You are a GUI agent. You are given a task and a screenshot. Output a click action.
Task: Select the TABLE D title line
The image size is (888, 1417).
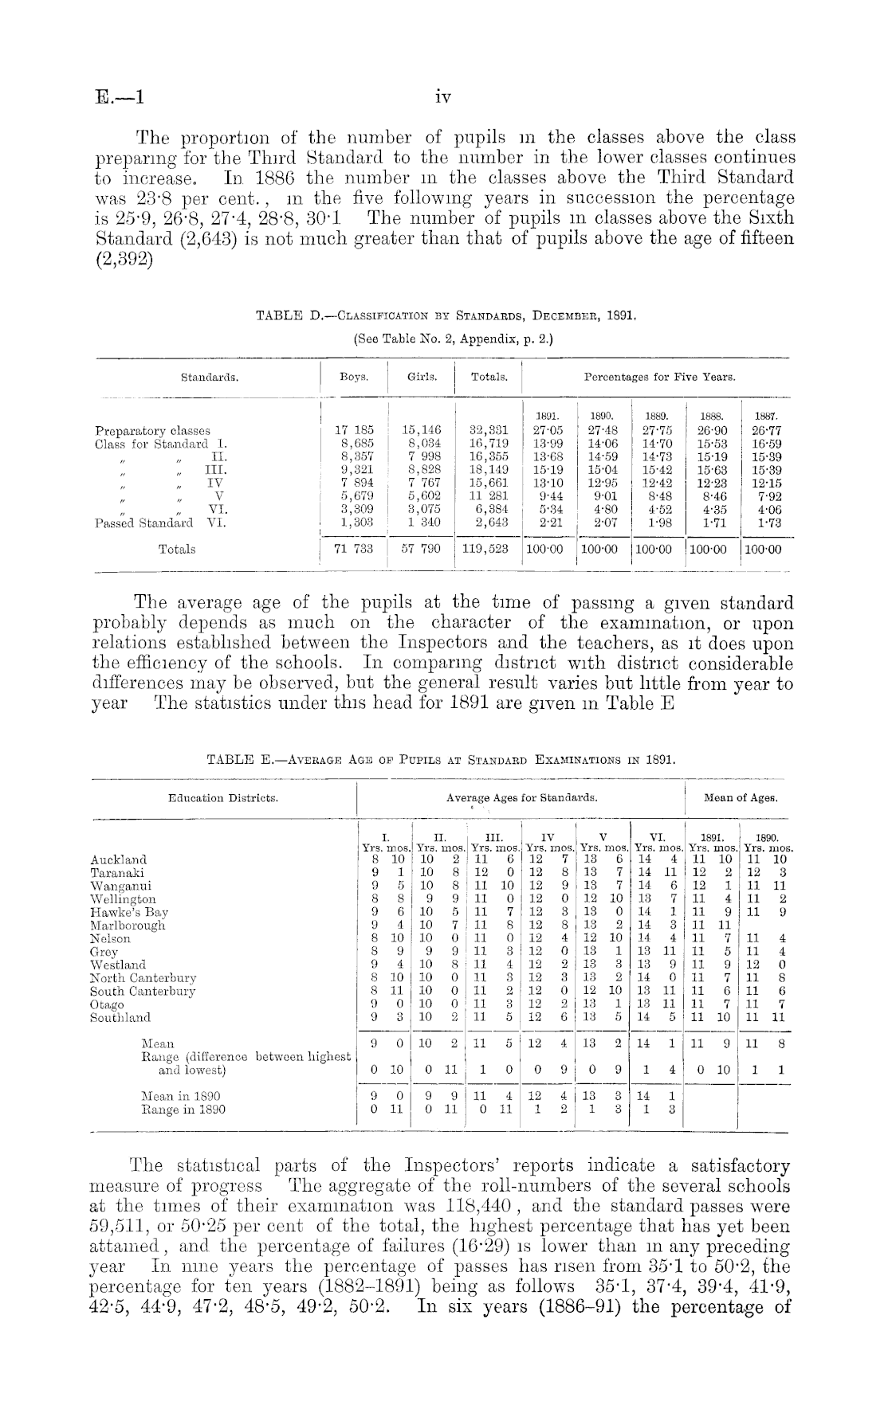coord(445,316)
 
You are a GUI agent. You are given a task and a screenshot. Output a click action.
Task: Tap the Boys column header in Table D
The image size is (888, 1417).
coord(352,377)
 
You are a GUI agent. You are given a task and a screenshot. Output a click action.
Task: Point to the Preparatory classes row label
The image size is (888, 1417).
coord(152,430)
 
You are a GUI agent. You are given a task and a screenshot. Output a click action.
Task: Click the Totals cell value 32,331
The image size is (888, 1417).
coord(488,430)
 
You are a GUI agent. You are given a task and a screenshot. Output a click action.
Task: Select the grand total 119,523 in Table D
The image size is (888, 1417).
coord(488,549)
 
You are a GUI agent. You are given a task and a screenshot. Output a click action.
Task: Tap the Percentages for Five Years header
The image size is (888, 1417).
coord(659,377)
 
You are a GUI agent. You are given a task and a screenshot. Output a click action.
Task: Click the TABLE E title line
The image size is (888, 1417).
coord(441,760)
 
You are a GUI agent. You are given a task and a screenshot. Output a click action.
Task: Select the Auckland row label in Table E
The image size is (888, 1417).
coord(119,860)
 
